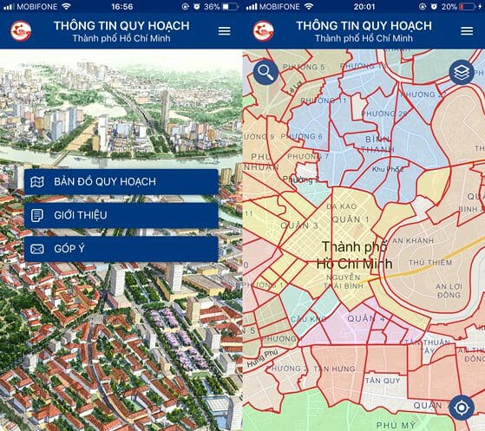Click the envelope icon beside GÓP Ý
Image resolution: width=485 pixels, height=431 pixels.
(x=36, y=249)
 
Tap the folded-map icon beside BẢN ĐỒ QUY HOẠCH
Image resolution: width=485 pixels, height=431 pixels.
(x=36, y=182)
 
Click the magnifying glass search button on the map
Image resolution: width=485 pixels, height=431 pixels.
(x=265, y=72)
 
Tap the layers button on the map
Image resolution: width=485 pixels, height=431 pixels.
(x=461, y=72)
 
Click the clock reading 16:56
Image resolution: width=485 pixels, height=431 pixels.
(x=121, y=6)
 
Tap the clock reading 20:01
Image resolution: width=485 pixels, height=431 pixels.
(x=364, y=6)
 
